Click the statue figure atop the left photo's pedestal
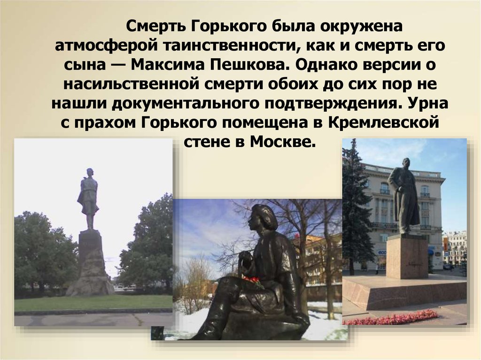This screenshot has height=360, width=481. click(x=88, y=198)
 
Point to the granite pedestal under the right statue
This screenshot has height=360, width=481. click(x=407, y=256)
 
